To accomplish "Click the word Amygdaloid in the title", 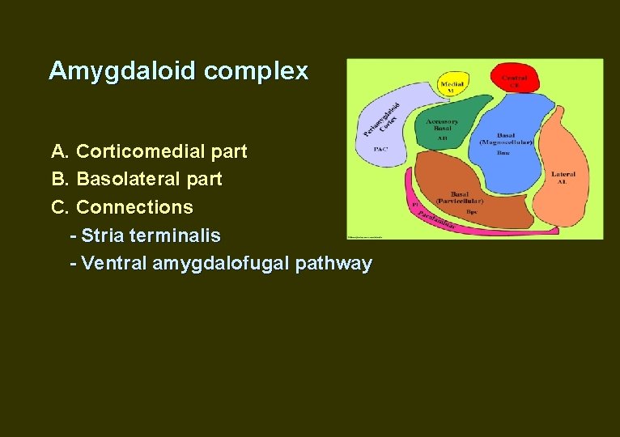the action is (123, 71).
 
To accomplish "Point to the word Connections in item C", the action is (134, 207).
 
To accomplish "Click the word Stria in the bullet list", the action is (102, 235).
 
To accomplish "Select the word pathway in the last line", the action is (334, 264).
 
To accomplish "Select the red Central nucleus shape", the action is (513, 78).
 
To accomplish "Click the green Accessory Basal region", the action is (450, 121).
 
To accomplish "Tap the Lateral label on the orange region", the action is (563, 174).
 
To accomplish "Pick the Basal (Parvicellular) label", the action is (459, 197).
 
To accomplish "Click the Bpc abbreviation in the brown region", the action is (472, 210).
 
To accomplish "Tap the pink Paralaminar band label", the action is (437, 216).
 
